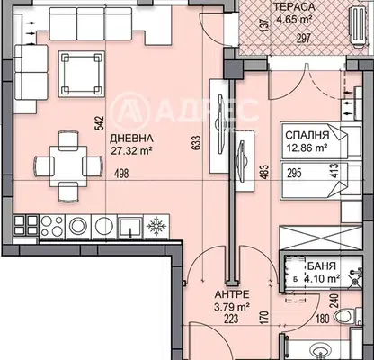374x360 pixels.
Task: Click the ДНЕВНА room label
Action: pyautogui.click(x=131, y=139)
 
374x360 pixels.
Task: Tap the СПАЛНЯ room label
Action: pyautogui.click(x=307, y=135)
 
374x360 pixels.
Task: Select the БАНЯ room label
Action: pyautogui.click(x=322, y=265)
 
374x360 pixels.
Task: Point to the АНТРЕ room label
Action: pyautogui.click(x=232, y=294)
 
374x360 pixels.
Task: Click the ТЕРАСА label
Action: pyautogui.click(x=295, y=6)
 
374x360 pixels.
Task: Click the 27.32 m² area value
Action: pyautogui.click(x=130, y=151)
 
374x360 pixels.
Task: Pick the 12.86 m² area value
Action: pyautogui.click(x=307, y=148)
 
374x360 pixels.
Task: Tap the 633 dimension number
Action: pyautogui.click(x=196, y=142)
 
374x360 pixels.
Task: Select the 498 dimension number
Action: pyautogui.click(x=121, y=174)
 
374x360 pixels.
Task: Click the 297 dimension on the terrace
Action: pyautogui.click(x=303, y=39)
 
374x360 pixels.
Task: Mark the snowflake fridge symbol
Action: pyautogui.click(x=156, y=226)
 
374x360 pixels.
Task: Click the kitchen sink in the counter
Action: pyautogui.click(x=130, y=227)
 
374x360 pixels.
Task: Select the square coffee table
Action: pyautogui.click(x=81, y=74)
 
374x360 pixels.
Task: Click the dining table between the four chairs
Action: pyautogui.click(x=68, y=166)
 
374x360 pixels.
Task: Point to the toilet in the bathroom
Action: pyautogui.click(x=348, y=316)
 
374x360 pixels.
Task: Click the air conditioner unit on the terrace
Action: pyautogui.click(x=358, y=26)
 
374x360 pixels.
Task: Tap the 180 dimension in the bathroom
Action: pyautogui.click(x=323, y=319)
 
